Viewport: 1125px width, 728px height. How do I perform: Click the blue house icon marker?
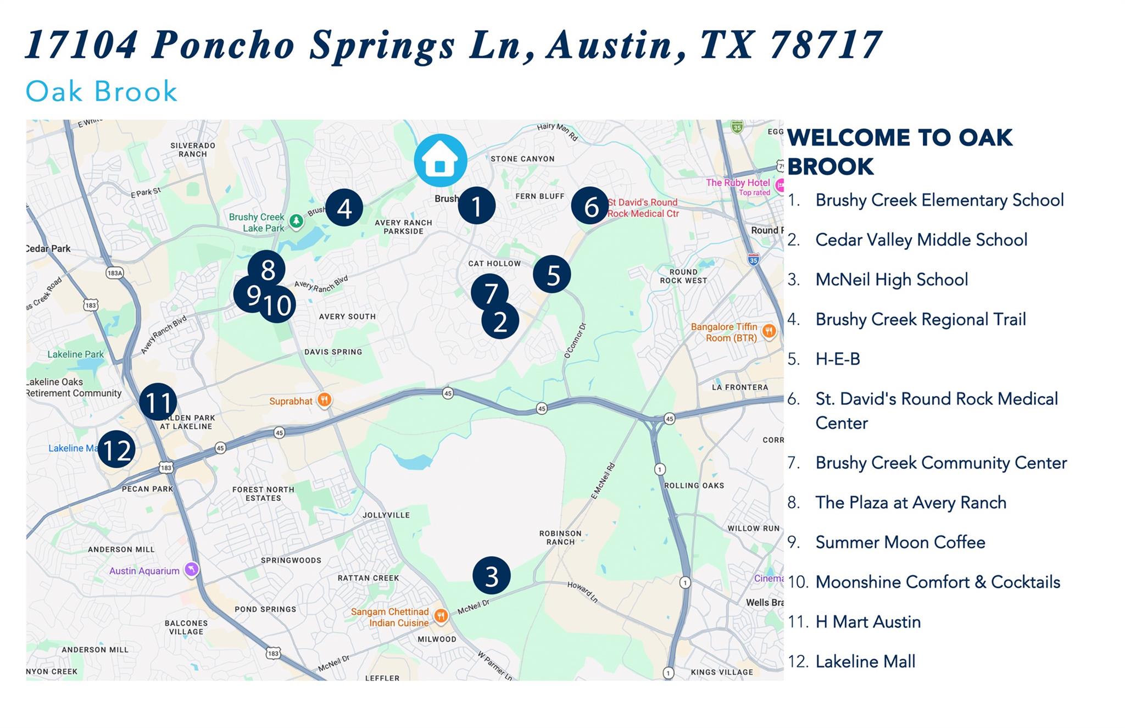coord(440,160)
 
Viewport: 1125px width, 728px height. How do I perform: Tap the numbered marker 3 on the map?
coord(492,575)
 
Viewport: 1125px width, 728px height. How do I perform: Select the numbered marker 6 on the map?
coord(590,206)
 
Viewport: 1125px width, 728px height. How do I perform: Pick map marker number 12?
coord(116,449)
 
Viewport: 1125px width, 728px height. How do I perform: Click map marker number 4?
coord(344,208)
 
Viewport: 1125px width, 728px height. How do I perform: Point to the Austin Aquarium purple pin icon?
coord(191,569)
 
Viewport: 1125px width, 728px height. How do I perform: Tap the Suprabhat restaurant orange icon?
coord(325,400)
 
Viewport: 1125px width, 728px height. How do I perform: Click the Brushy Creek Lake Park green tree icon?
coord(297,221)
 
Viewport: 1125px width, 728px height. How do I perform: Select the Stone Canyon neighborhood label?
coord(522,159)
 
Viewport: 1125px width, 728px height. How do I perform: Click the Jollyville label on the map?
coord(386,515)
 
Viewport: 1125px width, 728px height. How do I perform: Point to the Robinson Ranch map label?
coord(560,537)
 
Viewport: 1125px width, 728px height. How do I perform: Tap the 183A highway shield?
coord(115,273)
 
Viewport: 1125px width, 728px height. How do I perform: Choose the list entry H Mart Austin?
coord(867,621)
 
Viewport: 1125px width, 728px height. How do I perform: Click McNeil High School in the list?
coord(891,279)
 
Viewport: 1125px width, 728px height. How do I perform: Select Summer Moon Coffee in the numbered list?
coord(900,542)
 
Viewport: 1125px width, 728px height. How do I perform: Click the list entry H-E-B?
coord(837,359)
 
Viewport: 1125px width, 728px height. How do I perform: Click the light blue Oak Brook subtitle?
coord(102,91)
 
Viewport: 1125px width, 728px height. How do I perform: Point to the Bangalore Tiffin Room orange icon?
coord(769,331)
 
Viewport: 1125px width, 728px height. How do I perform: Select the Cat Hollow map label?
coord(494,263)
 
